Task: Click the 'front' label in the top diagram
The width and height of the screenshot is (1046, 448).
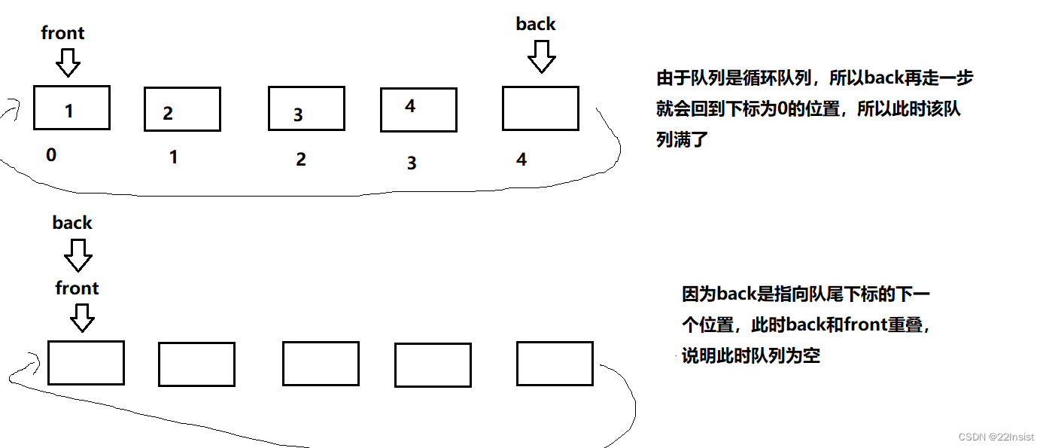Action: (x=62, y=33)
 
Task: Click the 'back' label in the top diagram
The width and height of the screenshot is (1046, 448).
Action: (x=536, y=24)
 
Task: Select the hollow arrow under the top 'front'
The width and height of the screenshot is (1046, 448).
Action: (x=68, y=62)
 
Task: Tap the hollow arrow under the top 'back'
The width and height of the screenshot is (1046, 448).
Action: (x=540, y=56)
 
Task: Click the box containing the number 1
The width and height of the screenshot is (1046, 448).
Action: (x=71, y=108)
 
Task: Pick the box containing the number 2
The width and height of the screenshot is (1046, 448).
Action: (x=182, y=109)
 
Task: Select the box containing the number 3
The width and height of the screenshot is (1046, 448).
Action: (x=306, y=108)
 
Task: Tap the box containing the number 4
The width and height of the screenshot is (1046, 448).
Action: (x=418, y=110)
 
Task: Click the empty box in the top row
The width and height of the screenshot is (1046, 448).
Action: (x=540, y=108)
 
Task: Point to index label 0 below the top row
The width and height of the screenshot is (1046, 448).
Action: (x=51, y=155)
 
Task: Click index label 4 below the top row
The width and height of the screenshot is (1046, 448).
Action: (x=521, y=160)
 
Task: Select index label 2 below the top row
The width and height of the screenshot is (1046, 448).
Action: (x=301, y=160)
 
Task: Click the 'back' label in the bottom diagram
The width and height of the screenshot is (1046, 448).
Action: (x=72, y=223)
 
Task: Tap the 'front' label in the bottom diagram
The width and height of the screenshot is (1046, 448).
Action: (x=77, y=288)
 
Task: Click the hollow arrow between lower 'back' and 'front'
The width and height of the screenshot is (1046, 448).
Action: (x=78, y=256)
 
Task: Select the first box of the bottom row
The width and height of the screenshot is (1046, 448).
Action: (x=86, y=363)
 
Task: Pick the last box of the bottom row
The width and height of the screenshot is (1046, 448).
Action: (x=555, y=363)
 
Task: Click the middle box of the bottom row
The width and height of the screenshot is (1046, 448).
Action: (x=321, y=363)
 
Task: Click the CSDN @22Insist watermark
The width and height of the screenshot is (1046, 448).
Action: (x=996, y=437)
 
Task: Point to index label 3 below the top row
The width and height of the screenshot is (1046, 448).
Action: (x=412, y=163)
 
